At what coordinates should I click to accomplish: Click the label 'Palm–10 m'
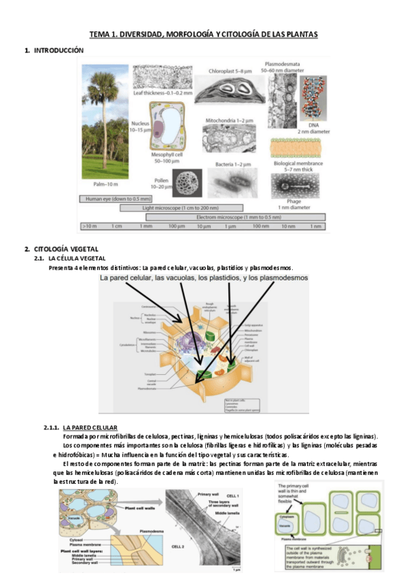[x=105, y=184]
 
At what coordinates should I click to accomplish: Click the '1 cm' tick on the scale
[x=117, y=225]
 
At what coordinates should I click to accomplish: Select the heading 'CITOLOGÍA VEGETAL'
[x=66, y=248]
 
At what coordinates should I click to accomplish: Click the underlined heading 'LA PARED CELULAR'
[x=90, y=427]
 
